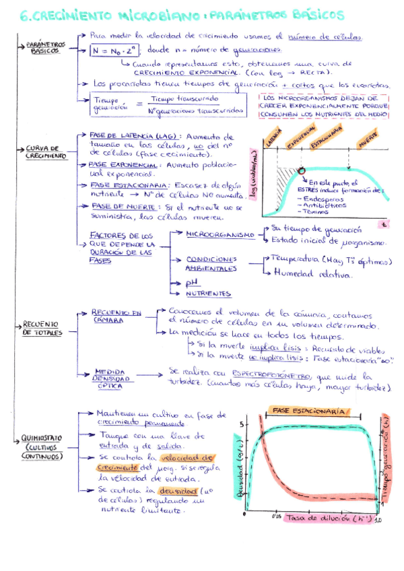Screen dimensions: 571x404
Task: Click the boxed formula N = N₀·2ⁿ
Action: [115, 50]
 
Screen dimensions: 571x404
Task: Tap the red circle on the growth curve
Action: [301, 171]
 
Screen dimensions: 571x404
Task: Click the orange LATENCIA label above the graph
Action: [274, 139]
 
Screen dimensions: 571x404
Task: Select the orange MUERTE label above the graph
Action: [368, 145]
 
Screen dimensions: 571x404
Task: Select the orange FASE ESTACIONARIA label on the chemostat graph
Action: [310, 410]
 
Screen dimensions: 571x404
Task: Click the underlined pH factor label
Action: [193, 283]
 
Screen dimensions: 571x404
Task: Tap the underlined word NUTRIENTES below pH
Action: [209, 294]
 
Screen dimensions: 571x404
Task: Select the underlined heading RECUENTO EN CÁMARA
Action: [116, 316]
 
